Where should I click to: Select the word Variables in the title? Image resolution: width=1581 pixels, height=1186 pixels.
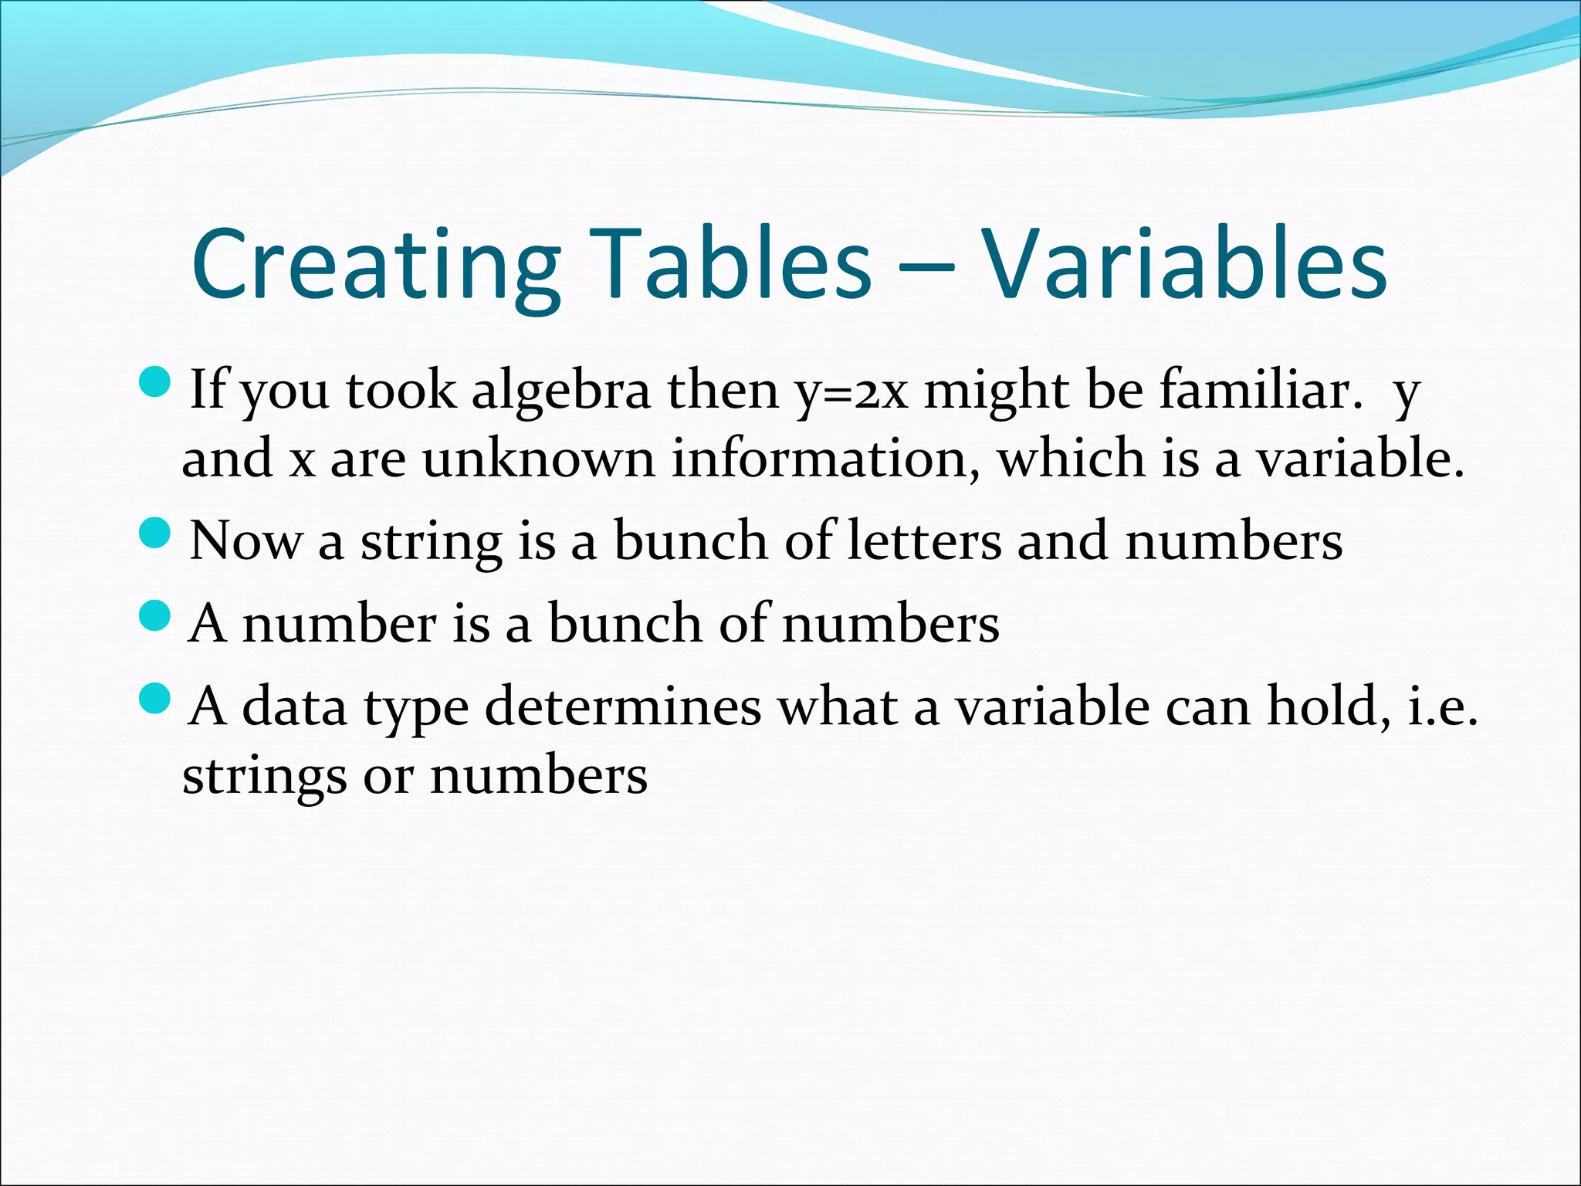[1184, 264]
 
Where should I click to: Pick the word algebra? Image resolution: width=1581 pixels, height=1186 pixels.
[560, 390]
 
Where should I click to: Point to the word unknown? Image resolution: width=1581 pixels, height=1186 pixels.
[538, 459]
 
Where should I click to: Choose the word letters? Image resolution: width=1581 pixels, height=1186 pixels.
[924, 540]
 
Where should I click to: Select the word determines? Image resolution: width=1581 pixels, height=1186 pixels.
[622, 706]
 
